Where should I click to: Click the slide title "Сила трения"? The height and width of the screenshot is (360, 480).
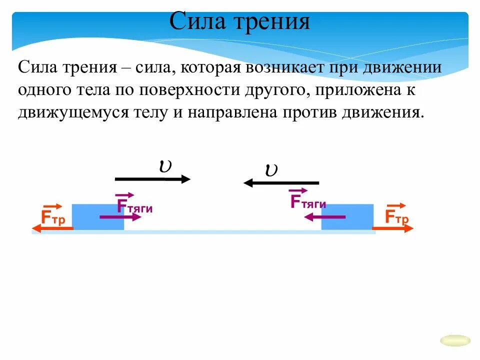click(x=239, y=22)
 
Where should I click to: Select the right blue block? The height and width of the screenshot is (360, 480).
click(x=347, y=217)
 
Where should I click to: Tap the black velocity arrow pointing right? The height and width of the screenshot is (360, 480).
click(x=152, y=179)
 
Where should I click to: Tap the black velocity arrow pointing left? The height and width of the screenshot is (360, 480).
click(x=281, y=183)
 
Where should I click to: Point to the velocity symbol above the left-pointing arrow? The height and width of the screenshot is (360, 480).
click(x=271, y=170)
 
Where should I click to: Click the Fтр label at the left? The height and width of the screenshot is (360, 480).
click(x=52, y=217)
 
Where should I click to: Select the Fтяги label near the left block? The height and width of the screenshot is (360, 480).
click(x=133, y=205)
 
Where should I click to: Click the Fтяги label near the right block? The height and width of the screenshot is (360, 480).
click(x=307, y=200)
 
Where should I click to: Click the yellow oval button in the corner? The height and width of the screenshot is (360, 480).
click(x=455, y=340)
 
